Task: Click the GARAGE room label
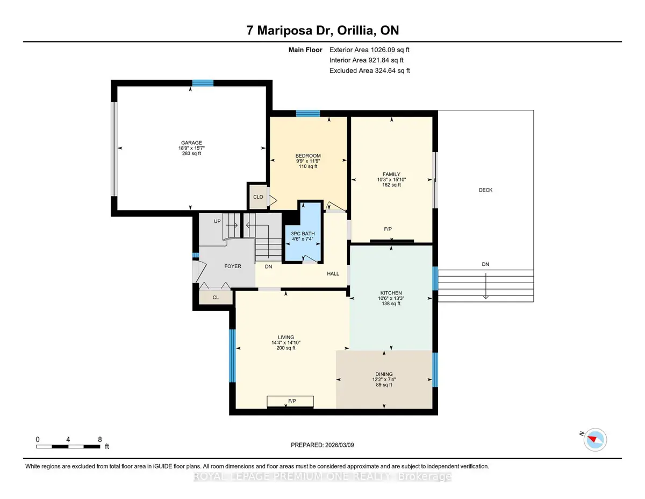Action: (191, 143)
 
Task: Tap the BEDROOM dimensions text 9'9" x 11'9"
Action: (308, 161)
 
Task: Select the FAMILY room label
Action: (391, 174)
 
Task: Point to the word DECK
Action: (485, 190)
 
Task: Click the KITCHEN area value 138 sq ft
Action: (391, 304)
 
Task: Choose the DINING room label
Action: (384, 374)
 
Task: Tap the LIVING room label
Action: (286, 338)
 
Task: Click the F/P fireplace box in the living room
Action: (290, 401)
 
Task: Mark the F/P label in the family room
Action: (388, 229)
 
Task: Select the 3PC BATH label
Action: (303, 234)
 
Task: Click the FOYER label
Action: (232, 266)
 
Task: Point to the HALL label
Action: (333, 273)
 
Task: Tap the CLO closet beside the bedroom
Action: (258, 196)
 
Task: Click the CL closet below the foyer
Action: (216, 297)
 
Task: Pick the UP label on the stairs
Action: (217, 221)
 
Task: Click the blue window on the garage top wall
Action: (203, 83)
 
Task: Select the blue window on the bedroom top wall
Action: (308, 114)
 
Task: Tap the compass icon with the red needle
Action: (595, 440)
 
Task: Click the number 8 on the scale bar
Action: (100, 439)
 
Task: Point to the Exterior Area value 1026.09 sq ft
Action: (390, 50)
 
